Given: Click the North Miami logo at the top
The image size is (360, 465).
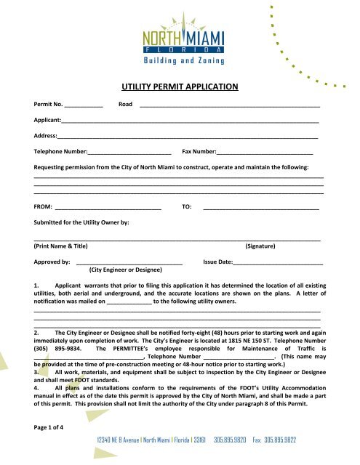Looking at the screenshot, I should pyautogui.click(x=180, y=33).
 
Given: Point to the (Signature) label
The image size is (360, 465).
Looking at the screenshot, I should pyautogui.click(x=265, y=247).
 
